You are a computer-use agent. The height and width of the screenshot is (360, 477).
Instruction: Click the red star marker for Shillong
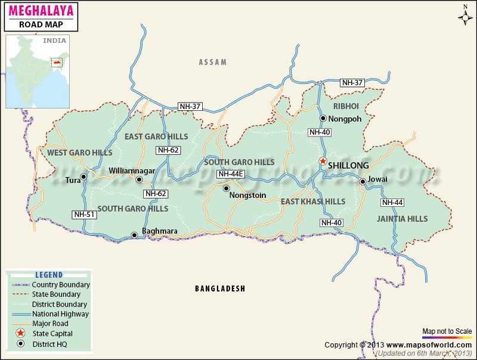tap(323, 161)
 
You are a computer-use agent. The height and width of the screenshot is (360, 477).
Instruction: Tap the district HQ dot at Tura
tap(83, 176)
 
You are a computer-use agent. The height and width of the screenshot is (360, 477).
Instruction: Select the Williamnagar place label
tap(132, 171)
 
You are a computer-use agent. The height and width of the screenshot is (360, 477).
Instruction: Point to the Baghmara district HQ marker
tap(134, 235)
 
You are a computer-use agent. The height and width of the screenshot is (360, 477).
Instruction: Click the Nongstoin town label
tap(247, 195)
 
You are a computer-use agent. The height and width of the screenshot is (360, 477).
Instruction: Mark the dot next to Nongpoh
tap(323, 118)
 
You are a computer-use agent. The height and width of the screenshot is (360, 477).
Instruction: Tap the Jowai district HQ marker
tap(363, 181)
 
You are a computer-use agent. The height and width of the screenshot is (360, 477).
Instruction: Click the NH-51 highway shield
tap(83, 215)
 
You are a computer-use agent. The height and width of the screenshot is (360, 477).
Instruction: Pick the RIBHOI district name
tap(346, 106)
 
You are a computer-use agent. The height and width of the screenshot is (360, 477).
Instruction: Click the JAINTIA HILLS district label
tap(402, 219)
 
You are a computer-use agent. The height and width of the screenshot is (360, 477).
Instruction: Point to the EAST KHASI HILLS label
tap(313, 201)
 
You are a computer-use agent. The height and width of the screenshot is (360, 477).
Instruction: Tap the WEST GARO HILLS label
tap(80, 153)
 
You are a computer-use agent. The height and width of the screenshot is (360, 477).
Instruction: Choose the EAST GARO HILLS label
tap(156, 136)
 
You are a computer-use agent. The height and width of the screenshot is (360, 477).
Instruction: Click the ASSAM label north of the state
tap(213, 62)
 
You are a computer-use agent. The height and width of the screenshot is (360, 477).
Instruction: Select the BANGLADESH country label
tap(220, 288)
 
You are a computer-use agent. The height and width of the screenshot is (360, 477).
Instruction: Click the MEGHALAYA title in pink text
tap(41, 11)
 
